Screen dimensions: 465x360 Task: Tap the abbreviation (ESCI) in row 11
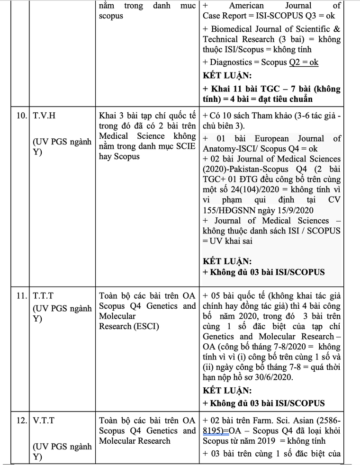tap(143, 326)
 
